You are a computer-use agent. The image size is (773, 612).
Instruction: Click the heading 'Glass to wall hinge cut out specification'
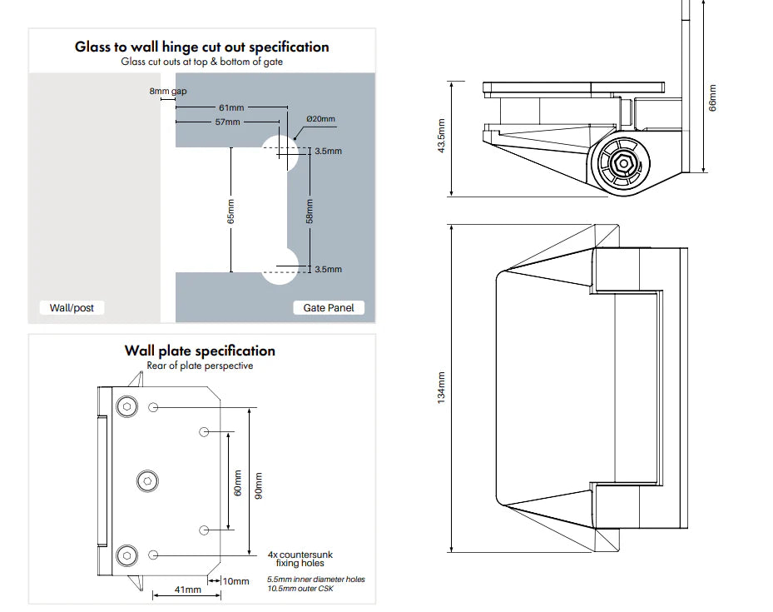click(201, 47)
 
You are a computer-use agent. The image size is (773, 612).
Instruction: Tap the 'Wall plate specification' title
click(200, 351)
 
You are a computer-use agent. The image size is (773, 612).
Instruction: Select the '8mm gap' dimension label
click(167, 91)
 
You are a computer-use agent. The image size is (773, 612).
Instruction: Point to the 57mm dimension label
click(227, 122)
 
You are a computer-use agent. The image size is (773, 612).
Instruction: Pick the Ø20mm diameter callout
click(320, 119)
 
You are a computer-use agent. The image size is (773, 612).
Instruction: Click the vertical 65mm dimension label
click(231, 211)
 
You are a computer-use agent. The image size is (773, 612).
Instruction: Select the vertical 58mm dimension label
click(310, 211)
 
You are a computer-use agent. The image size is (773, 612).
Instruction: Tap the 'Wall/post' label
click(72, 308)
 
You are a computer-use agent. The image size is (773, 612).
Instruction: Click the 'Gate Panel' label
click(329, 308)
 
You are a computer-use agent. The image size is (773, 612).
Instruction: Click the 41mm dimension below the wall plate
click(187, 590)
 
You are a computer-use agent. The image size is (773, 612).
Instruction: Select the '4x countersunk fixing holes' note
click(300, 559)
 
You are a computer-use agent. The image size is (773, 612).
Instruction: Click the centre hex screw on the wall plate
click(146, 480)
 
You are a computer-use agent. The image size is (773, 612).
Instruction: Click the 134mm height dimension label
click(442, 388)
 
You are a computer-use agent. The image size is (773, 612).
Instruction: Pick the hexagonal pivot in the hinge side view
click(620, 163)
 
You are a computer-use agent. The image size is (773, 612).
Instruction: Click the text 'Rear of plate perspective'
click(200, 366)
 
